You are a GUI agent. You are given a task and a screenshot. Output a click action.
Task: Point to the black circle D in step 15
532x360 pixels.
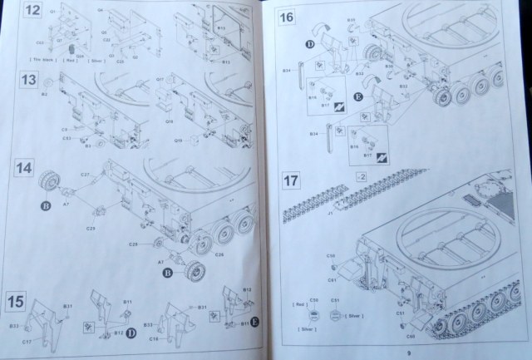click(x=131, y=333)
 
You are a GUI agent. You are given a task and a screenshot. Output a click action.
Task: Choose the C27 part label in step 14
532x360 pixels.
click(x=85, y=175)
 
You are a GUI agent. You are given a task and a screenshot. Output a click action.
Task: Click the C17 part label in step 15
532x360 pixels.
click(x=27, y=341)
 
